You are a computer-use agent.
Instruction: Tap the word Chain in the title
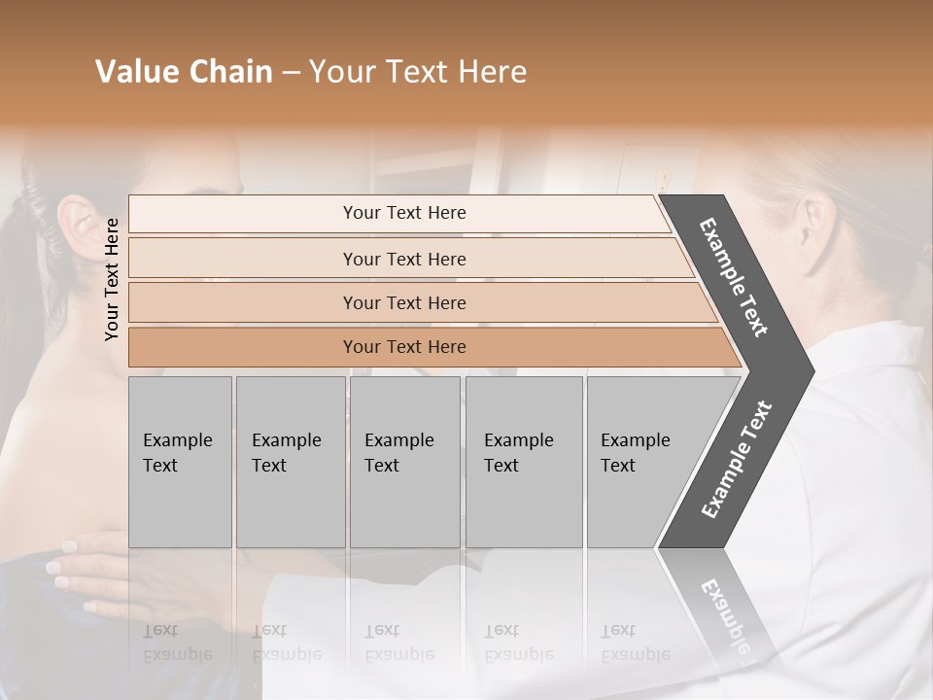point(232,72)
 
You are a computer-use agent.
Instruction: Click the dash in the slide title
point(291,73)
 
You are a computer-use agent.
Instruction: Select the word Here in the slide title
point(492,72)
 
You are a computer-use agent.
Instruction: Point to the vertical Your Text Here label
point(112,279)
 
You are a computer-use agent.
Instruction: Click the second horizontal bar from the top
point(403,259)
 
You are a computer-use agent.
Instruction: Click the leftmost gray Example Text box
point(180,462)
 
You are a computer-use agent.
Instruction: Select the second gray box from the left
point(290,462)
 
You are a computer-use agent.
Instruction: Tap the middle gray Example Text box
point(404,462)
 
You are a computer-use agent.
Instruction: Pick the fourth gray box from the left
point(523,462)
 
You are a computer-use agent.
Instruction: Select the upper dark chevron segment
point(735,277)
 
